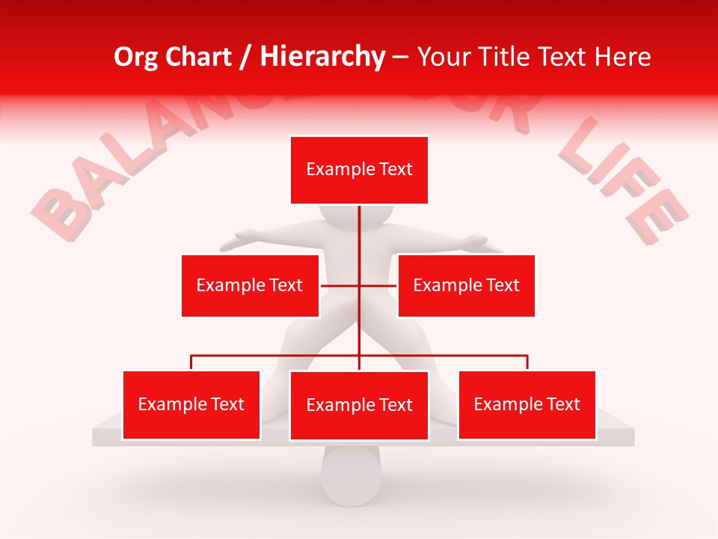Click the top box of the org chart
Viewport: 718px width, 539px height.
(359, 170)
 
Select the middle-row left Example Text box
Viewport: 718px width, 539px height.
(250, 285)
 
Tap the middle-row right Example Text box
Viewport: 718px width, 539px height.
(466, 285)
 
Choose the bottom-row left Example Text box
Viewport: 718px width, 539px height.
(191, 404)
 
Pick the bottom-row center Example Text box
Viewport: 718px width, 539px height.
(359, 405)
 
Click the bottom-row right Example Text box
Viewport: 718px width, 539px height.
(527, 404)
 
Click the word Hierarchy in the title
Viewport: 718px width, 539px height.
(322, 57)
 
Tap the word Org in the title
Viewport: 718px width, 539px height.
(137, 57)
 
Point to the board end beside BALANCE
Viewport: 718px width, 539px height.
(101, 436)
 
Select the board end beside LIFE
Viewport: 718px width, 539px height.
(625, 436)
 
